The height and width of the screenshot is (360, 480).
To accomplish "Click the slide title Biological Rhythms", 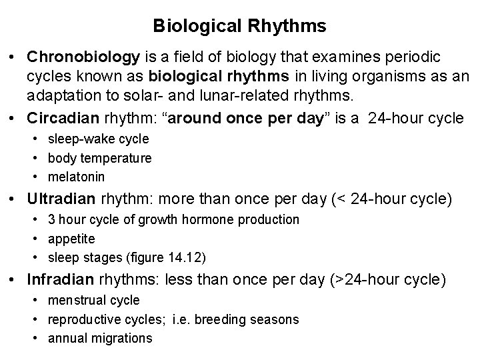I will click(239, 26).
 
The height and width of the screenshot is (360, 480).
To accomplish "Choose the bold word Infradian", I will click(58, 279).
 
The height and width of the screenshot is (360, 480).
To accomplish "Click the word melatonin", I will click(77, 177).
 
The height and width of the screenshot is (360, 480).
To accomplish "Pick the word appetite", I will click(71, 238).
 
